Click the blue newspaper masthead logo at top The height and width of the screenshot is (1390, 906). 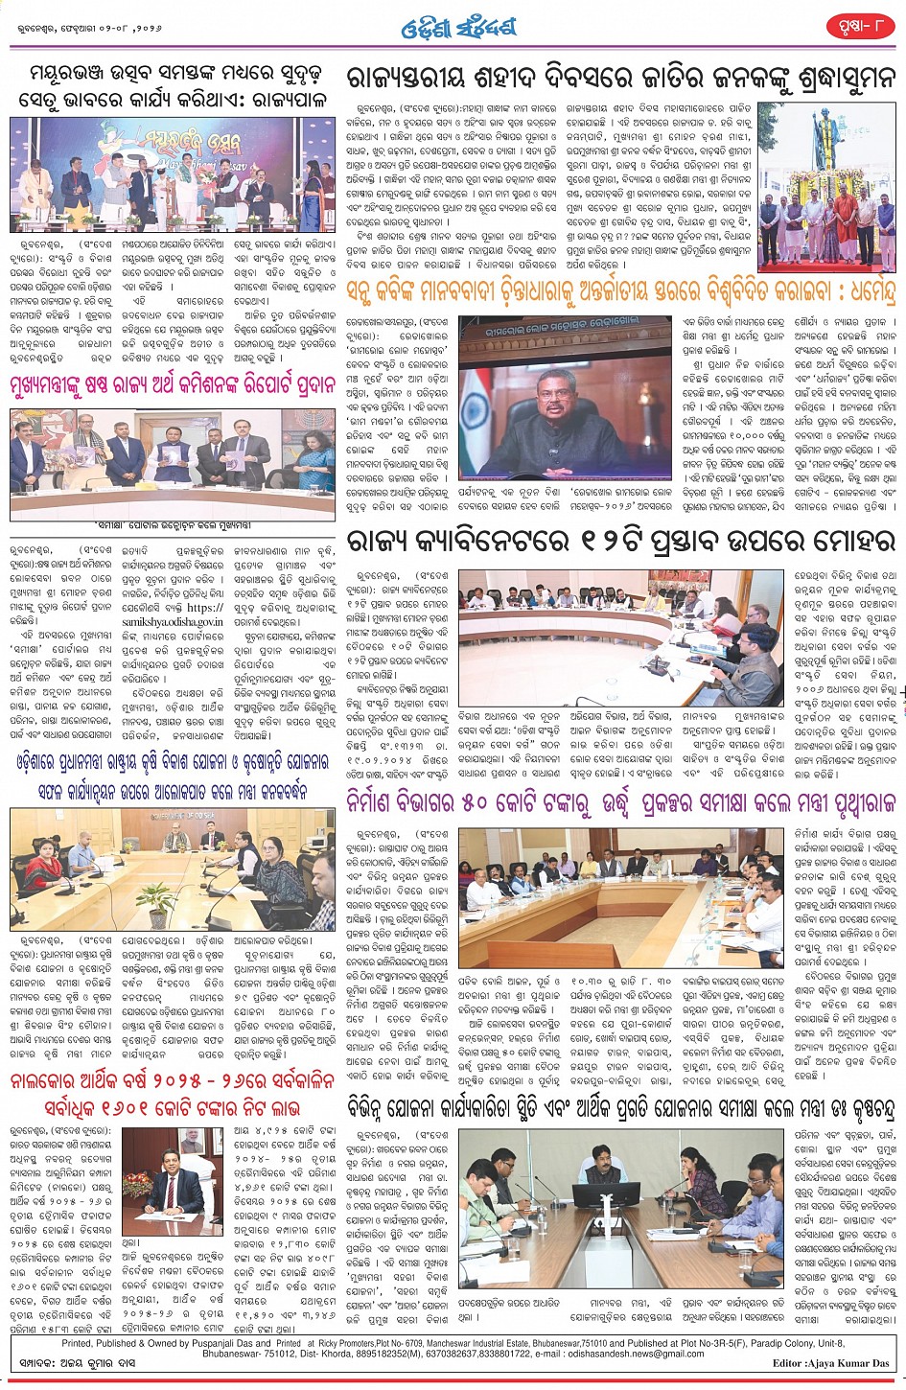tap(457, 29)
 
